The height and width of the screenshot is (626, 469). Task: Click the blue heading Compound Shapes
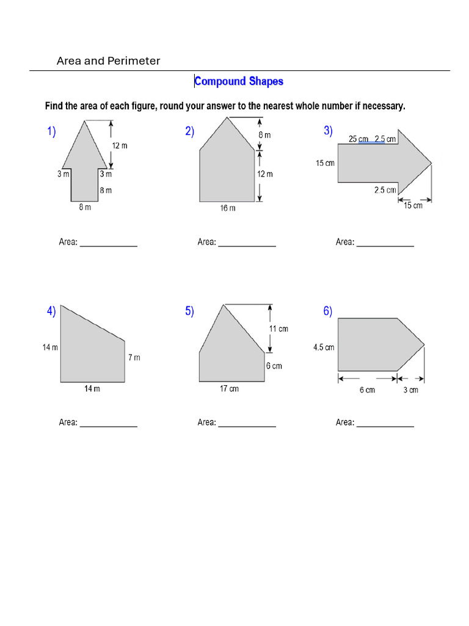click(x=239, y=81)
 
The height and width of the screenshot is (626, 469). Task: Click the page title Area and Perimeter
click(x=108, y=61)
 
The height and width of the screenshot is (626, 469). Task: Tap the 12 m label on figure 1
click(x=120, y=145)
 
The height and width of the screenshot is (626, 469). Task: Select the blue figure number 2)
click(x=189, y=131)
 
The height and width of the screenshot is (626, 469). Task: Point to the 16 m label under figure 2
click(x=227, y=208)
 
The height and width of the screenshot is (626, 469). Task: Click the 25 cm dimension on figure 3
click(x=358, y=139)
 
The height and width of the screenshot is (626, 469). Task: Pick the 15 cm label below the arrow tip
click(x=413, y=205)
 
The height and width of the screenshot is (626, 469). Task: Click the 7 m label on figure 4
click(x=134, y=358)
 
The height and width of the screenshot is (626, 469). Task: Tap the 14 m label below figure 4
click(x=92, y=389)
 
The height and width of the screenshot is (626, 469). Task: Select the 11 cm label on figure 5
click(x=278, y=329)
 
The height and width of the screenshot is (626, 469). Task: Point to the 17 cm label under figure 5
click(x=229, y=389)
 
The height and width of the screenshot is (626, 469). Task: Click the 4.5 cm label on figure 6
click(x=324, y=347)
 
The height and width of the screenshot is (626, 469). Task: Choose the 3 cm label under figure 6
click(x=410, y=390)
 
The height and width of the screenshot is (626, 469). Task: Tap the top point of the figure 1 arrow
click(x=84, y=120)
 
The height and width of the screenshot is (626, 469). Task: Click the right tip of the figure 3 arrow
click(x=432, y=163)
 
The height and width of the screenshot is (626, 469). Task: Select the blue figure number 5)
click(x=189, y=312)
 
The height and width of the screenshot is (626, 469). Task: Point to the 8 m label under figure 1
click(x=84, y=208)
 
